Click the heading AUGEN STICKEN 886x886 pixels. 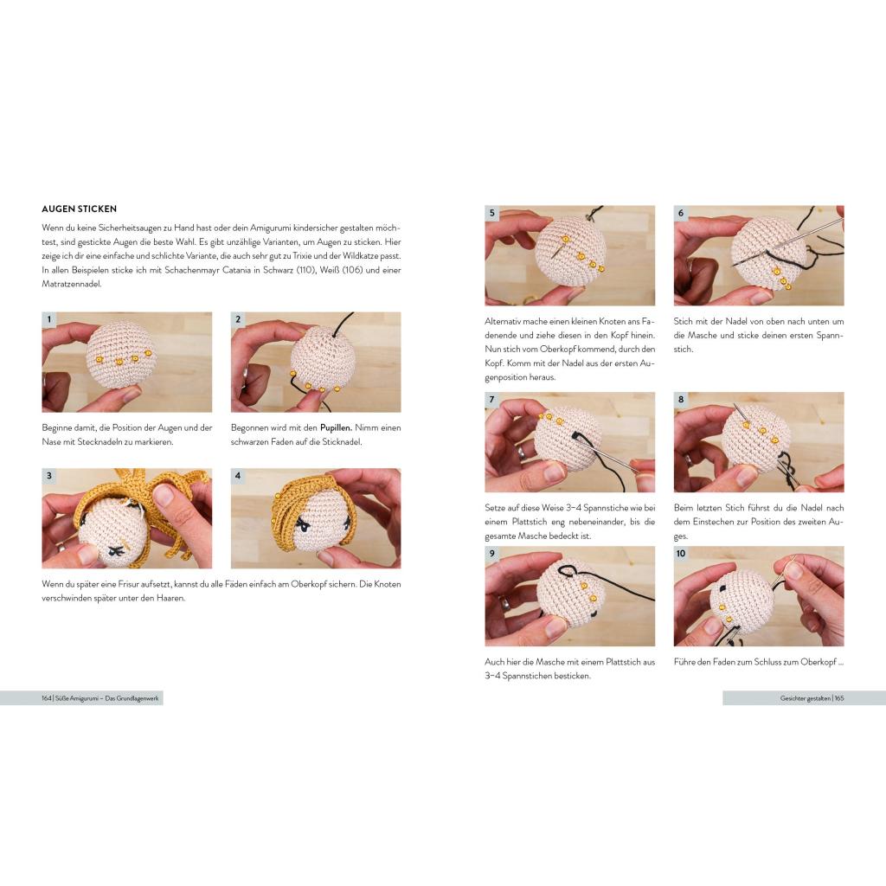point(79,209)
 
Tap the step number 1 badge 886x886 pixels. point(49,319)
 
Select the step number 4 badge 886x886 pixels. point(238,476)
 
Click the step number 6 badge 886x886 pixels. point(681,213)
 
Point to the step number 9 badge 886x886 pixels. point(492,553)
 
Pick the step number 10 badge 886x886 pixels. point(681,553)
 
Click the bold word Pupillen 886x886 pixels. point(337,427)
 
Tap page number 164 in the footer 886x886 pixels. point(47,698)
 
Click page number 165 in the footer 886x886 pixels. point(839,698)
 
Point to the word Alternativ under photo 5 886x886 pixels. point(503,321)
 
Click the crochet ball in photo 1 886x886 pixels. point(121,356)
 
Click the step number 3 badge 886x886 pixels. point(49,476)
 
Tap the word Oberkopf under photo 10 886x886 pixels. point(819,662)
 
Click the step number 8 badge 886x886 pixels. point(681,400)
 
